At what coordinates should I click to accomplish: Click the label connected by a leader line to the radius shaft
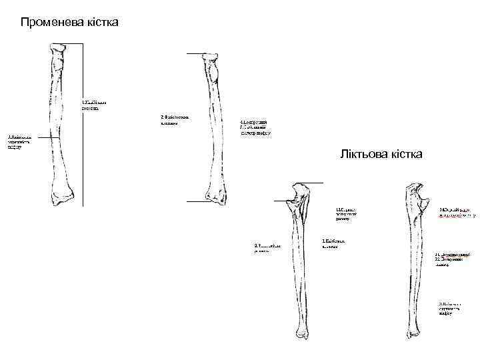pyautogui.click(x=20, y=142)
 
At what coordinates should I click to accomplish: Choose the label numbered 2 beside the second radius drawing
pyautogui.click(x=175, y=119)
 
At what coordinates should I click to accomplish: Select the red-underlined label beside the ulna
pyautogui.click(x=457, y=212)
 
